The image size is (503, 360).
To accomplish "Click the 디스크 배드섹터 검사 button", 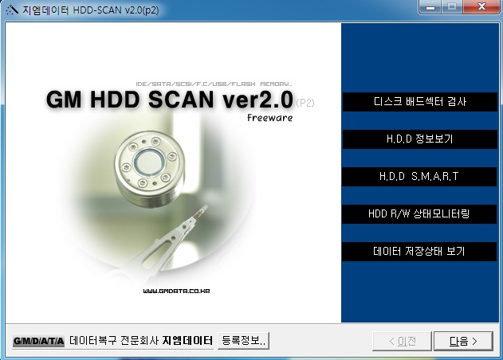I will point(419,102).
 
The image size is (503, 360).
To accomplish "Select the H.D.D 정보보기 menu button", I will point(419,139).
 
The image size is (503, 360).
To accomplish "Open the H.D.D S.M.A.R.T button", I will point(419,176).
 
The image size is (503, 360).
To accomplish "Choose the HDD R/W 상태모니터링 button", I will point(419,213).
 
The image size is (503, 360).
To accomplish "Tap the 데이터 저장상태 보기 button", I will point(419,251).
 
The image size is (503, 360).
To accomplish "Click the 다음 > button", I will point(463,341).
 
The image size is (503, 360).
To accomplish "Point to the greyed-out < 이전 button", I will point(402,341).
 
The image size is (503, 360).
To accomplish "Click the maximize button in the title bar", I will point(455,8).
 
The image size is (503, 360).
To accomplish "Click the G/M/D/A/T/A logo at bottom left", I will point(37,341).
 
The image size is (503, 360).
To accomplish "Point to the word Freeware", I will point(269,118).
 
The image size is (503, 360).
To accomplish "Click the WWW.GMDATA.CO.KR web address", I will point(176,292).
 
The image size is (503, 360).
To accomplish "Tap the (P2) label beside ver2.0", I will point(306,102).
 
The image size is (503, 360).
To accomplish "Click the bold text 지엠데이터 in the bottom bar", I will point(187,341).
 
